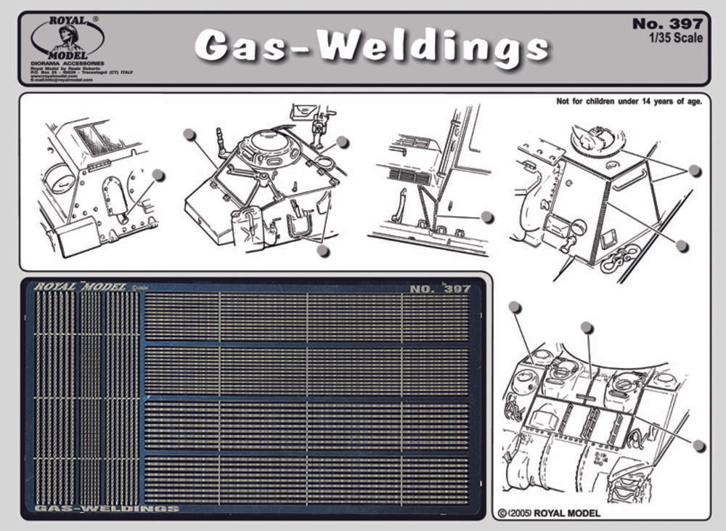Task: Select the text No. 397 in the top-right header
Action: pos(667,24)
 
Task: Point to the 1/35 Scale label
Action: pos(677,38)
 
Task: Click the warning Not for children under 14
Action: pos(629,102)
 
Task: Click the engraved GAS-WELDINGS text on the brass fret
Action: pos(106,508)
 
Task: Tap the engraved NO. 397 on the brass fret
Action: pos(440,288)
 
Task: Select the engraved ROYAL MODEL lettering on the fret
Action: pos(81,287)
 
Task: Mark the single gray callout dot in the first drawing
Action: pos(159,175)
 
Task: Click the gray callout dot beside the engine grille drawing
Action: pos(487,216)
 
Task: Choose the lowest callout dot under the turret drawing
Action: pos(323,250)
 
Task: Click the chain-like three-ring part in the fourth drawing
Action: pos(619,258)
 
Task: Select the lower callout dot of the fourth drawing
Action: pos(682,246)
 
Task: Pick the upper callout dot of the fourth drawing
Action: pos(695,171)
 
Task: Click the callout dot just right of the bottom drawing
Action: pos(698,445)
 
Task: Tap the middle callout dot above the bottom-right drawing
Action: pos(587,328)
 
